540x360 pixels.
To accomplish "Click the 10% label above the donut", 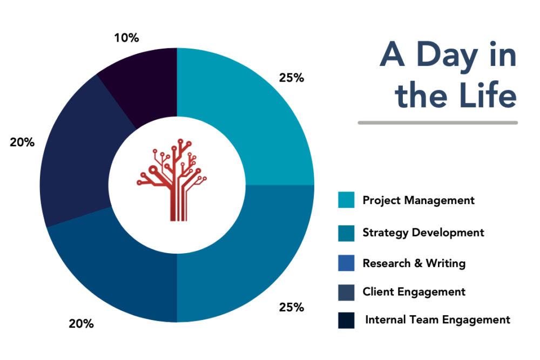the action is tap(126, 38).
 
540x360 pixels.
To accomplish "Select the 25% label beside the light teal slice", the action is tap(292, 78).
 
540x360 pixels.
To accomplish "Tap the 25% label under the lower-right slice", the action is tap(292, 307).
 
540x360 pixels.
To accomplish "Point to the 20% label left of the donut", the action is tap(22, 142).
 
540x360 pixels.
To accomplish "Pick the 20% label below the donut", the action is tap(82, 323).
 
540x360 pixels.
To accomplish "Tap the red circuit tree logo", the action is tap(172, 180).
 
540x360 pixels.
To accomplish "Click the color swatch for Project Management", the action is tap(346, 200).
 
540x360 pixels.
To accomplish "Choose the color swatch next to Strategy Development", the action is tap(346, 233).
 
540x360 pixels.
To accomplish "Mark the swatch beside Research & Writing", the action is tap(346, 263).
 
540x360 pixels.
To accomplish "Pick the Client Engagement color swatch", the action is tap(346, 293).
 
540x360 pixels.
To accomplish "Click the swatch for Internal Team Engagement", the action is tap(346, 321).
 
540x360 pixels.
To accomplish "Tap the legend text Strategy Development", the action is tap(423, 233).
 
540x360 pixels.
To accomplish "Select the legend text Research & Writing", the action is tap(414, 263).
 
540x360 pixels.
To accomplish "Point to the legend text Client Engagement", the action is tap(414, 292).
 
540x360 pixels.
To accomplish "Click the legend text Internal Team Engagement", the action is tap(437, 320).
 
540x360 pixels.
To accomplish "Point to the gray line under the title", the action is tap(438, 123).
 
